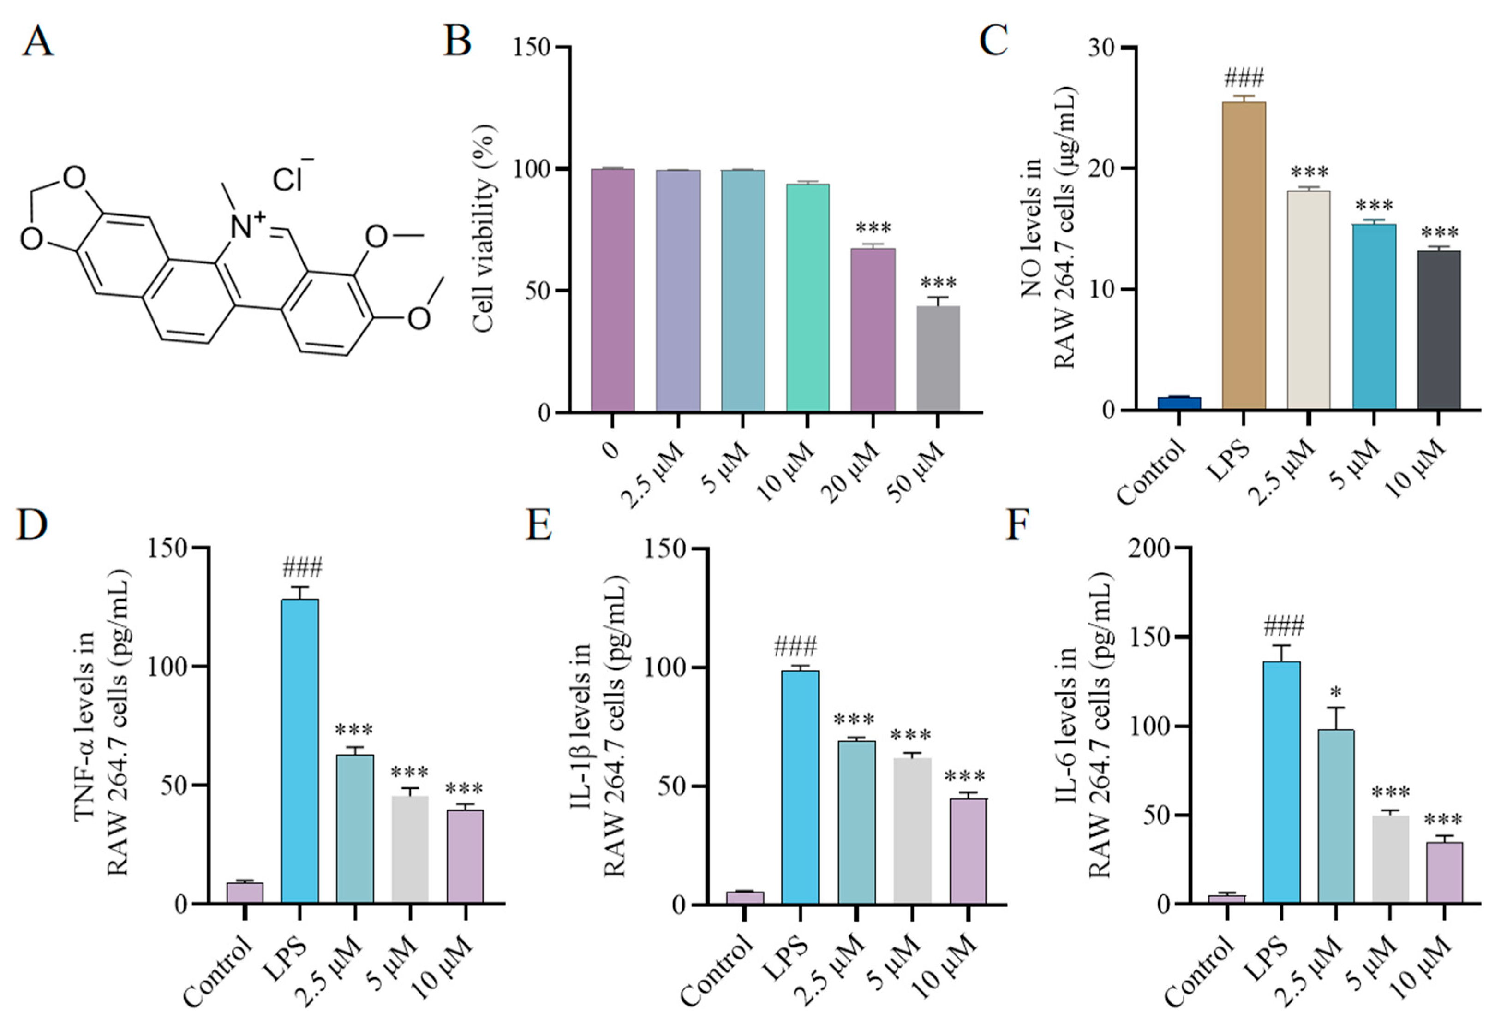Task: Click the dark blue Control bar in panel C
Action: pos(1179,403)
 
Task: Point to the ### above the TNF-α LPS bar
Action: pos(302,568)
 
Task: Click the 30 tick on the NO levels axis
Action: pos(1101,48)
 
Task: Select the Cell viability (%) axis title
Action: pos(484,228)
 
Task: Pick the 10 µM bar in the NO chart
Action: pos(1438,330)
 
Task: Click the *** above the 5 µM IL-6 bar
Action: pos(1390,792)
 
